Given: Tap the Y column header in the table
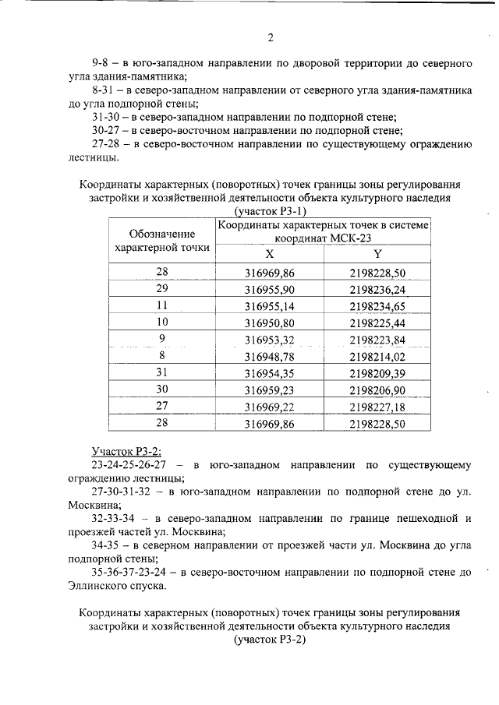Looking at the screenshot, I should [x=377, y=255].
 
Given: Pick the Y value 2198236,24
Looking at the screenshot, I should [x=378, y=289].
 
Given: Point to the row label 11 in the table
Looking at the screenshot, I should [x=162, y=305].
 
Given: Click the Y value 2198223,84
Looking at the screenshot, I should [x=378, y=339].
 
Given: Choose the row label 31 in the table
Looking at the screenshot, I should [x=162, y=372].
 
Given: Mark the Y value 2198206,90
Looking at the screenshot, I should [x=378, y=390].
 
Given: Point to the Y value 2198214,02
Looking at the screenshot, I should [x=378, y=356].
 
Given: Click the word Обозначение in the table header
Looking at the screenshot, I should [x=161, y=233].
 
